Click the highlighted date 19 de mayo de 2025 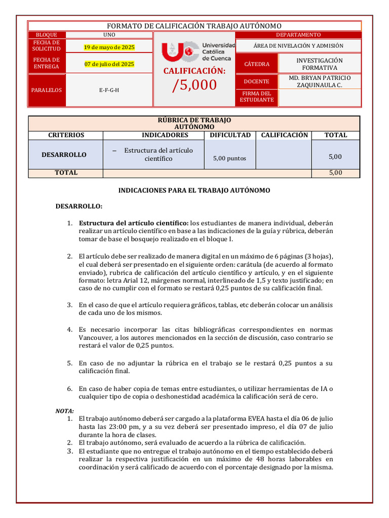pyautogui.click(x=109, y=47)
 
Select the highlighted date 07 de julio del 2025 pyautogui.click(x=109, y=64)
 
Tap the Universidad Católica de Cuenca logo pyautogui.click(x=198, y=52)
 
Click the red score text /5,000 pyautogui.click(x=194, y=85)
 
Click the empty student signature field pyautogui.click(x=320, y=98)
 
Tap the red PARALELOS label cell pyautogui.click(x=47, y=90)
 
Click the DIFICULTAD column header pyautogui.click(x=230, y=135)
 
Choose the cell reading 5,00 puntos pyautogui.click(x=230, y=158)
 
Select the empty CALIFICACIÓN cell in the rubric pyautogui.click(x=284, y=155)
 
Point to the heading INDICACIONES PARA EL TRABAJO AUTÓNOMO pyautogui.click(x=194, y=190)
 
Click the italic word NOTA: pyautogui.click(x=65, y=411)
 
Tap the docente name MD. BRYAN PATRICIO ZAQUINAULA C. pyautogui.click(x=320, y=81)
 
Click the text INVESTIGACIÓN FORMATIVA pyautogui.click(x=320, y=64)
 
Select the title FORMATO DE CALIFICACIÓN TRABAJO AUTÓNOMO pyautogui.click(x=194, y=26)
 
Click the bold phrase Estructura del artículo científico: pyautogui.click(x=134, y=223)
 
